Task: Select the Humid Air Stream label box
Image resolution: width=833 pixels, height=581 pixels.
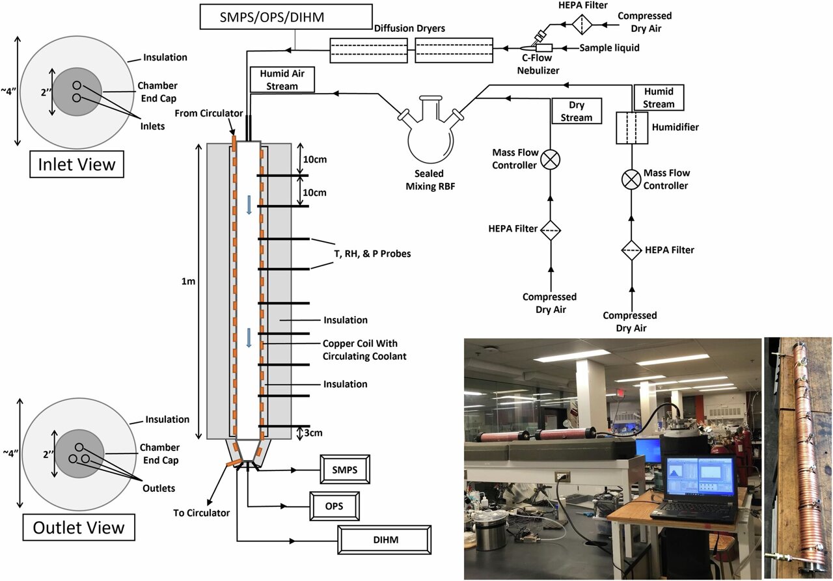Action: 282,80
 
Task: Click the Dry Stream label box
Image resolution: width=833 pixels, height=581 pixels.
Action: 576,111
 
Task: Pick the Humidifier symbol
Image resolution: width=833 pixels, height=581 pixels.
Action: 633,128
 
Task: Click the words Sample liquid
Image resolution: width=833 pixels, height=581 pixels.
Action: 610,48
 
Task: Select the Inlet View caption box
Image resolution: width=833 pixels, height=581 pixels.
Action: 77,163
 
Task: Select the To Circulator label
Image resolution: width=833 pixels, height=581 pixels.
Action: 202,512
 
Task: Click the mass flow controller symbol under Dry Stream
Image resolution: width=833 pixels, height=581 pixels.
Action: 551,160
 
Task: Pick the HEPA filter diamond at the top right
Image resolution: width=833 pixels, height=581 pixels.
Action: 580,25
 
